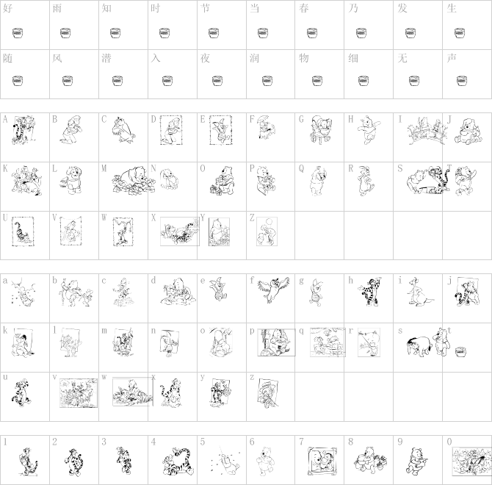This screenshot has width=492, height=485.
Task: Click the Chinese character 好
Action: (x=7, y=8)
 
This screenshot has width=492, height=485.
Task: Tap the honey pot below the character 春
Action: (x=312, y=33)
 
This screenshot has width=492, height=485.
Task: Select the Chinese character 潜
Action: (x=106, y=58)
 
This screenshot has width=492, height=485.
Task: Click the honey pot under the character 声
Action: (x=460, y=81)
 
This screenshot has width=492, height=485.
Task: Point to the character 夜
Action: (x=205, y=58)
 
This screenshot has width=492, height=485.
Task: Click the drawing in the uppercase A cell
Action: (x=23, y=129)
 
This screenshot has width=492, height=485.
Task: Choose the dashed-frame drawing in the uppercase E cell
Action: (x=221, y=130)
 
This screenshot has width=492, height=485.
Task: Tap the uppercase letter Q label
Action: (x=301, y=168)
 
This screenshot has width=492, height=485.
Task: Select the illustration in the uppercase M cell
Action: (x=129, y=180)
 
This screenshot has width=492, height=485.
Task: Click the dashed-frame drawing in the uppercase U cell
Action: (x=23, y=231)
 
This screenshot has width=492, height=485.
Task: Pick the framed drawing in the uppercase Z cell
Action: (x=267, y=231)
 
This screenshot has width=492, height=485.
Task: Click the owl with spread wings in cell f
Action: (x=273, y=290)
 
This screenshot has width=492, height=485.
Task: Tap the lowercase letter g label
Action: (x=301, y=281)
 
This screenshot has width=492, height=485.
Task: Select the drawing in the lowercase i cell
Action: (x=421, y=291)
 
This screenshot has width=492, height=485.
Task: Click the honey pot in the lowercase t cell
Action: (x=460, y=352)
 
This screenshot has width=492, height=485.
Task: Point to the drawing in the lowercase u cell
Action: (x=21, y=392)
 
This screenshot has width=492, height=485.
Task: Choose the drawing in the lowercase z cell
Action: (x=267, y=393)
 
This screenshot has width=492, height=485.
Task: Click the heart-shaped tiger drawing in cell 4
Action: (x=178, y=461)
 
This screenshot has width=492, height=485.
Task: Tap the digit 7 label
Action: (x=301, y=442)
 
